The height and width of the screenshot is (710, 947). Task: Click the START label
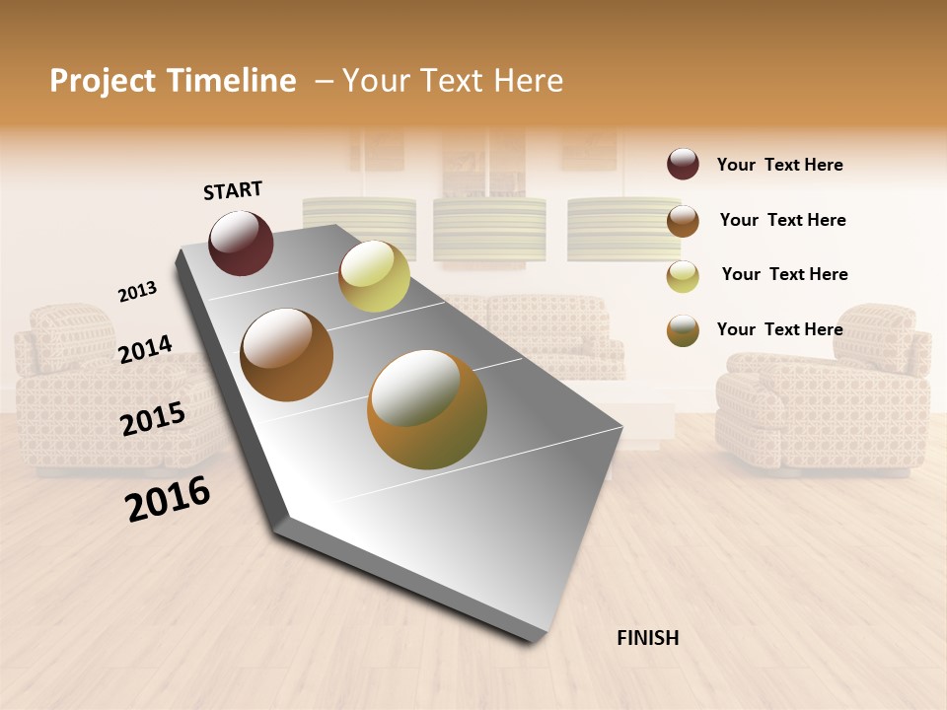click(x=233, y=190)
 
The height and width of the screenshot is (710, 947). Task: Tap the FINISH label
click(x=647, y=638)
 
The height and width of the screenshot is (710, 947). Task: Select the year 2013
click(x=137, y=292)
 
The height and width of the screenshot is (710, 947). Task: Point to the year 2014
click(x=145, y=350)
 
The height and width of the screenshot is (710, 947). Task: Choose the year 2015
click(x=153, y=418)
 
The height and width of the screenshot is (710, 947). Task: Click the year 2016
click(x=168, y=499)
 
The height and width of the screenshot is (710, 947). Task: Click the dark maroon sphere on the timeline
click(x=241, y=243)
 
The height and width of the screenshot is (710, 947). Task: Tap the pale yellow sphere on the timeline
click(x=374, y=276)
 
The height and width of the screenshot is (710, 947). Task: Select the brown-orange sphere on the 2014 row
click(x=287, y=355)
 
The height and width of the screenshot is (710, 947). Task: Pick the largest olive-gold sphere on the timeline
click(x=427, y=409)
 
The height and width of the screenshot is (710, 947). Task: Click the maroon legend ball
click(x=683, y=165)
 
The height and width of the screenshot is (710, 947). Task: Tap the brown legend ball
click(x=683, y=221)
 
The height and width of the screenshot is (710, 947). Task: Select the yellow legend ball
click(x=683, y=276)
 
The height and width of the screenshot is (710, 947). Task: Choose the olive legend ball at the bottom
click(x=683, y=330)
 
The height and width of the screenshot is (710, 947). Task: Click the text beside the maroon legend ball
click(x=779, y=166)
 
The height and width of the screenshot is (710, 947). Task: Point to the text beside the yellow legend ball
click(x=784, y=274)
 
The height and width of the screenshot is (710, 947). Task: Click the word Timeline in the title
click(x=232, y=81)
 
